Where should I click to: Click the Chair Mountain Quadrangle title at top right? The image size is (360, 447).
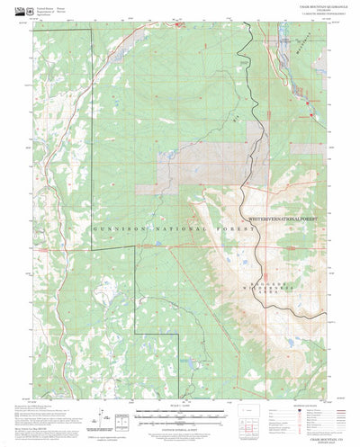pos(316,8)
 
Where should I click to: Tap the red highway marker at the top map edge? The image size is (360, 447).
pos(179,24)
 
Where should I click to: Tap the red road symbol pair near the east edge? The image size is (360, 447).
pos(310,112)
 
